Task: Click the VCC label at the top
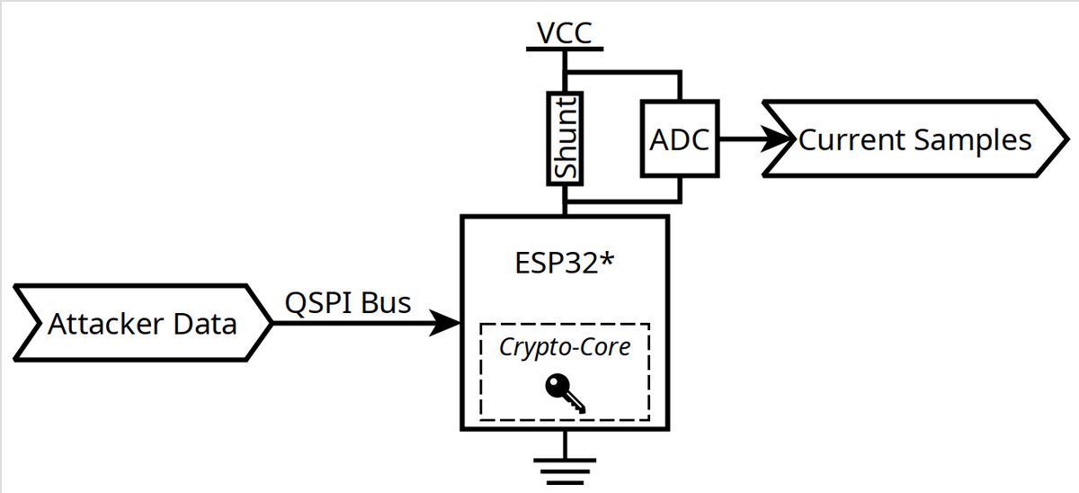coord(565,32)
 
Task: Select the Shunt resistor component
coord(566,138)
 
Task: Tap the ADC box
coord(680,139)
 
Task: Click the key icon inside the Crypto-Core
coord(565,394)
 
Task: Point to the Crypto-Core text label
coord(565,347)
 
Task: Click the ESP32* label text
coord(564,264)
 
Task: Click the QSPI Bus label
coord(348,302)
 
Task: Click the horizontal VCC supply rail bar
coord(565,49)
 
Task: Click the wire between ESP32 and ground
coord(565,444)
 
